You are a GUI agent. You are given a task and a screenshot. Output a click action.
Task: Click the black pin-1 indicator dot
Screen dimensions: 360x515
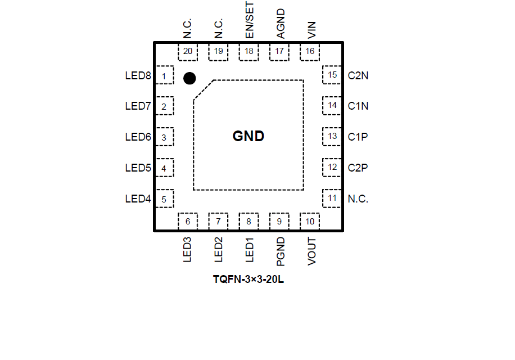pyautogui.click(x=189, y=78)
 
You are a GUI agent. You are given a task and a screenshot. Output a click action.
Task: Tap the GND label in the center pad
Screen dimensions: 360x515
pyautogui.click(x=249, y=136)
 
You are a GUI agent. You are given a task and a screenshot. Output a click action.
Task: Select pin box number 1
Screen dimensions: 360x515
pyautogui.click(x=164, y=75)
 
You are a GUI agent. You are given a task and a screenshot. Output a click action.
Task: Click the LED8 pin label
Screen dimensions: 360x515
pyautogui.click(x=138, y=75)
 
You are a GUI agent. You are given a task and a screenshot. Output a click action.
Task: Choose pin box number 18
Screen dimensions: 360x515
pyautogui.click(x=249, y=52)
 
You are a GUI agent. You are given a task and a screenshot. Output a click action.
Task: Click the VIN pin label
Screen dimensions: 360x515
pyautogui.click(x=311, y=30)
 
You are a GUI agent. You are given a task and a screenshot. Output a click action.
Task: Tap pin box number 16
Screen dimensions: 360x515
pyautogui.click(x=310, y=52)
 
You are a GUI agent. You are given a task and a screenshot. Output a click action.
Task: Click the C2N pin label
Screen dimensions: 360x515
pyautogui.click(x=358, y=75)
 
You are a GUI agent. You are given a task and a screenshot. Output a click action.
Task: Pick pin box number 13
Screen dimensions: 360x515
pyautogui.click(x=332, y=136)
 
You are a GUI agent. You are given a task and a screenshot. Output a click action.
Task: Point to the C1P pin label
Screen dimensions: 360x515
pyautogui.click(x=358, y=137)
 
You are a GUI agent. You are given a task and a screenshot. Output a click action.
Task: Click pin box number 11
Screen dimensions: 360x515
pyautogui.click(x=332, y=198)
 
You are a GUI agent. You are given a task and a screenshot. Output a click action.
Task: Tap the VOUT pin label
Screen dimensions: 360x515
pyautogui.click(x=311, y=251)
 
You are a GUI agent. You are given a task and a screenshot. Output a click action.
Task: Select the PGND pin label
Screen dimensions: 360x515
pyautogui.click(x=281, y=251)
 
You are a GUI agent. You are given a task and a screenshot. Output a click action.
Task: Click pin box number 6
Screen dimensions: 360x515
pyautogui.click(x=188, y=222)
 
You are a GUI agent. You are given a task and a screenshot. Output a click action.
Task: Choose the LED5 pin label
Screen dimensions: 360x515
pyautogui.click(x=138, y=168)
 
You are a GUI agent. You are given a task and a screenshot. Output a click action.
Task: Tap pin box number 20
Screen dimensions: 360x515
pyautogui.click(x=188, y=52)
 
